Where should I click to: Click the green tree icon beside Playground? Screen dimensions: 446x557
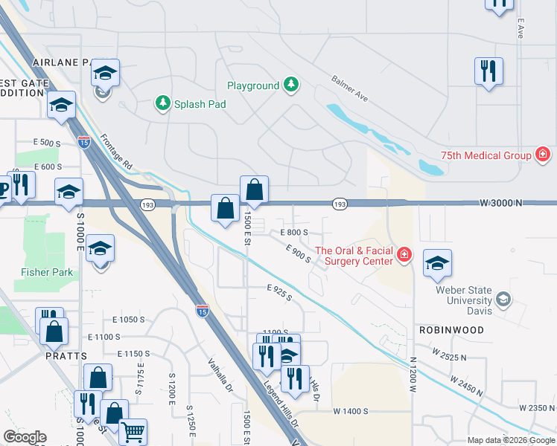[x=291, y=85]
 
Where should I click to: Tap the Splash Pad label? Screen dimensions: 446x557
[x=200, y=104]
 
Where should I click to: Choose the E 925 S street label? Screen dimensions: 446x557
[x=279, y=291]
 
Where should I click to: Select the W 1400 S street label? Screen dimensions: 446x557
[x=351, y=410]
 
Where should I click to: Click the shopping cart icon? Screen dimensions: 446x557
[x=133, y=430]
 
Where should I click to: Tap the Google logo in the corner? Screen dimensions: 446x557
[x=25, y=437]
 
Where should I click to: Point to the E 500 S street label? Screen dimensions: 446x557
[x=47, y=142]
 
